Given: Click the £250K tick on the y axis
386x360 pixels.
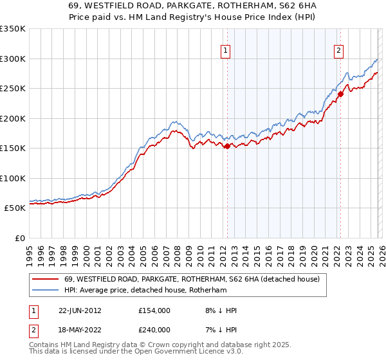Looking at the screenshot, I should [x=13, y=89].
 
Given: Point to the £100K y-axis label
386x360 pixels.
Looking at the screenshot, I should [x=13, y=178].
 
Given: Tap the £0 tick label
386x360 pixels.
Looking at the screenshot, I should [x=19, y=238].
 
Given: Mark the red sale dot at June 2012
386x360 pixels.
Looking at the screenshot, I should [x=227, y=146].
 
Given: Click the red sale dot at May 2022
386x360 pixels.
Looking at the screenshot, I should [x=340, y=94].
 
